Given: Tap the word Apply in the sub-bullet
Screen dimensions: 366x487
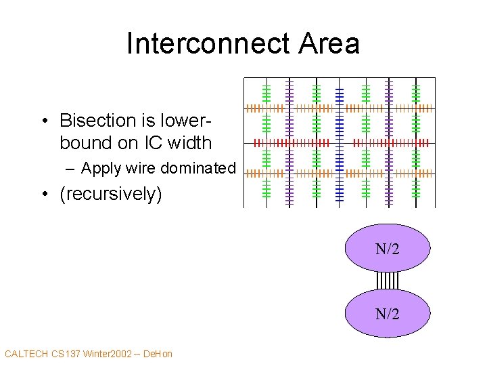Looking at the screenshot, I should pos(100,168).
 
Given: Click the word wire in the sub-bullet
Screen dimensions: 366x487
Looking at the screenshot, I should pos(139,168).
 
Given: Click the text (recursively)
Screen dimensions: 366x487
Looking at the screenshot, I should pos(111,194).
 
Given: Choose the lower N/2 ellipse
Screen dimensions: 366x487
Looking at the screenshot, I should pos(388,313).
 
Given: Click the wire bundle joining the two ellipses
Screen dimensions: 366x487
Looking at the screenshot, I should pos(388,281).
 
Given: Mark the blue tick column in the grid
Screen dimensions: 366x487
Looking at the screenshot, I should pos(339,142).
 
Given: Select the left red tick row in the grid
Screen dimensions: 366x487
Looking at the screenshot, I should pos(291,143).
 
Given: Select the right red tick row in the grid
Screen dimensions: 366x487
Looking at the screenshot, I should pos(391,143).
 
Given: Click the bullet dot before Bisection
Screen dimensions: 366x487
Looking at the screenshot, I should pos(43,121).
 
